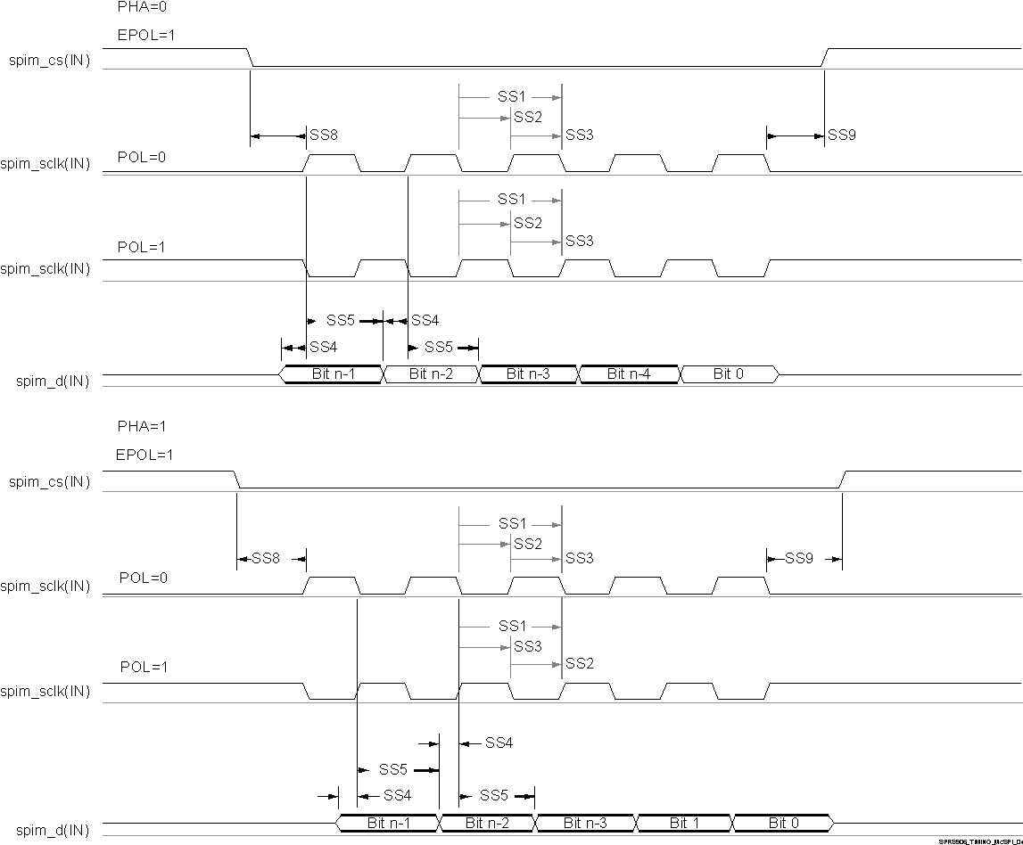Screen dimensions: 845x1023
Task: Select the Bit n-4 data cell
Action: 629,374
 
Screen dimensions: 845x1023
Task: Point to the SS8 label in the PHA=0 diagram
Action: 323,135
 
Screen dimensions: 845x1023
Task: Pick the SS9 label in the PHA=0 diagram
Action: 842,135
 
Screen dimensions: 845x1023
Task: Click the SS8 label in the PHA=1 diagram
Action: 266,559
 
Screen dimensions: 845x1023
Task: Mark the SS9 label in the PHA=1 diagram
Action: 799,559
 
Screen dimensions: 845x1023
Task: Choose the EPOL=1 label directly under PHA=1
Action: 144,455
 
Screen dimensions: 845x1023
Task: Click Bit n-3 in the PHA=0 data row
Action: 529,374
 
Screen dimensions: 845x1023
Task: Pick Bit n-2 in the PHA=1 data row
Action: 487,823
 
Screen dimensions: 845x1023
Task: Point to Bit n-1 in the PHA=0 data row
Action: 334,374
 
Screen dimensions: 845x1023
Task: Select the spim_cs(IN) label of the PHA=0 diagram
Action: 49,62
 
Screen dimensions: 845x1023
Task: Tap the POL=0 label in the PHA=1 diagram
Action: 144,578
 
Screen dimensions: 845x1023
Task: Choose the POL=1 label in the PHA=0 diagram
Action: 142,247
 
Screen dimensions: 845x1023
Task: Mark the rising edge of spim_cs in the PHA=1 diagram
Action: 843,480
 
